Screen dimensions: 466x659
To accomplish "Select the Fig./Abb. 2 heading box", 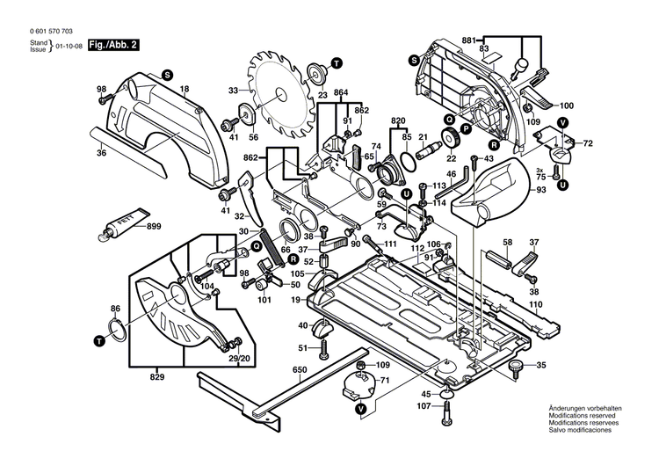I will (118, 44).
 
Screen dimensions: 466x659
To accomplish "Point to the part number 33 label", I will (233, 91).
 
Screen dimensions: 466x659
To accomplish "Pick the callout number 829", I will (156, 375).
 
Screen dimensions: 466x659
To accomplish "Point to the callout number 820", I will (398, 120).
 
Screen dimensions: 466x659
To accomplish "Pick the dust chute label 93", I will (540, 191).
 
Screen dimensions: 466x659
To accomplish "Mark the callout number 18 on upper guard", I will (185, 91).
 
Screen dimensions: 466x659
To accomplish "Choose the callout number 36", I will (101, 153).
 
